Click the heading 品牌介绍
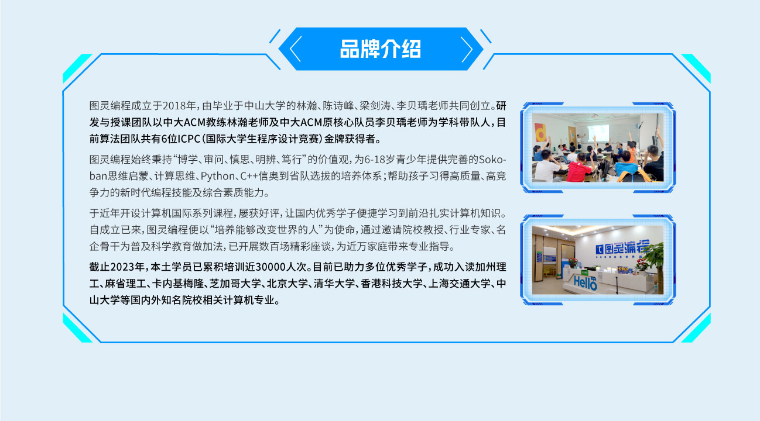coord(381,49)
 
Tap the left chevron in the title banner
coord(296,49)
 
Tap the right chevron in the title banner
coord(467,50)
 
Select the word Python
coord(217,176)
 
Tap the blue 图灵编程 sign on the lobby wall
coord(622,248)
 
